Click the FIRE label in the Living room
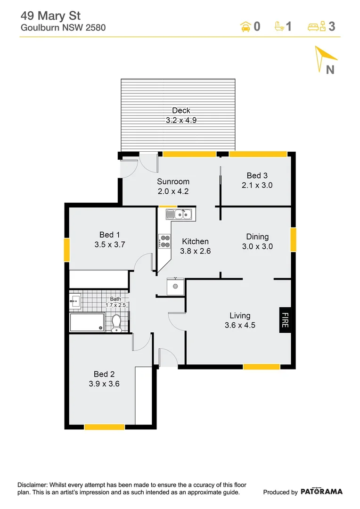tap(285, 320)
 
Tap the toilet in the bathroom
tap(117, 323)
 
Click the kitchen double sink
tap(179, 215)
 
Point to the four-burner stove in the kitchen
tap(164, 241)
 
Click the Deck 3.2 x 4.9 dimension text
tap(181, 120)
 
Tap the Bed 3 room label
tap(257, 175)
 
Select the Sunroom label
tap(173, 181)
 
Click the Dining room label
tap(257, 237)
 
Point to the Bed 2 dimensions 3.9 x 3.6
tap(104, 384)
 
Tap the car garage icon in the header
tap(245, 26)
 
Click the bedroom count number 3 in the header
tap(332, 26)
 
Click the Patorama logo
tap(322, 492)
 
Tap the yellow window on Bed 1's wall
tap(67, 250)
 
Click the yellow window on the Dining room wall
tap(294, 239)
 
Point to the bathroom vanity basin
tap(75, 301)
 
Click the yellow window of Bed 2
tap(104, 427)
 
